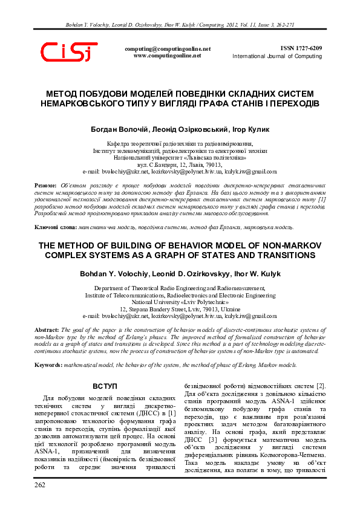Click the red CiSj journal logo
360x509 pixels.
[68, 53]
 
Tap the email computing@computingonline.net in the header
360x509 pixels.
[168, 48]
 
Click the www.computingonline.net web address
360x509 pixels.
[167, 55]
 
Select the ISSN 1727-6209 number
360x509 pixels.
[301, 48]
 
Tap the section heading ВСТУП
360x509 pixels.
[105, 386]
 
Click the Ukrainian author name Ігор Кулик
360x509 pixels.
[250, 129]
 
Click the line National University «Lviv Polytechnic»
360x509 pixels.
[180, 301]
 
